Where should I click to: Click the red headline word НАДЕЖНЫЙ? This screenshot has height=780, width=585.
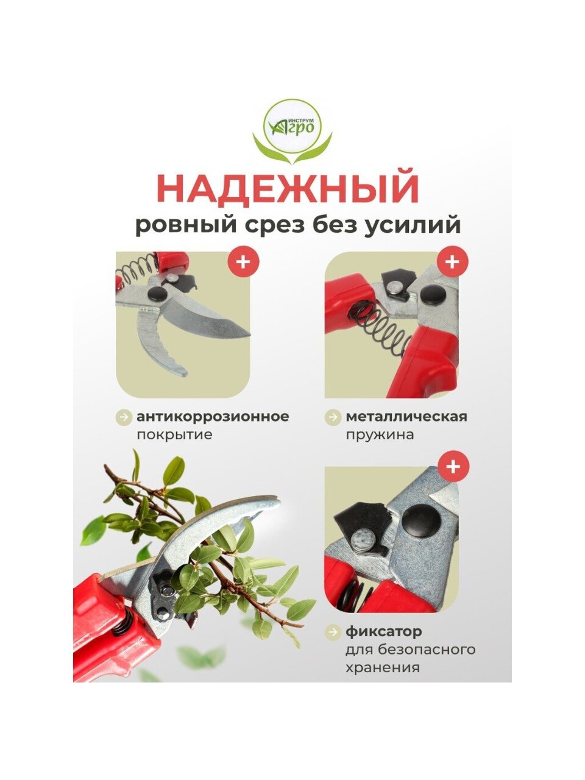pyautogui.click(x=288, y=188)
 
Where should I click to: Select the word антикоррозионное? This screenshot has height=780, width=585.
pyautogui.click(x=213, y=416)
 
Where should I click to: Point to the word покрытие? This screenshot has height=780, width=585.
pyautogui.click(x=174, y=435)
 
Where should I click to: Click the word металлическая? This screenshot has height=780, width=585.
pyautogui.click(x=406, y=416)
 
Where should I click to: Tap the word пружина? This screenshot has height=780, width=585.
pyautogui.click(x=380, y=435)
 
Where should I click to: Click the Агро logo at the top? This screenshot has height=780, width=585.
pyautogui.click(x=292, y=132)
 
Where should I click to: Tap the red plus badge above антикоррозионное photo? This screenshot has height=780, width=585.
pyautogui.click(x=243, y=262)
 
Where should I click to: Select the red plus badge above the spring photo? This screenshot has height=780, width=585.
pyautogui.click(x=453, y=262)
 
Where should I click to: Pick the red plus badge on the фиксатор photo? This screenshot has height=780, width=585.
pyautogui.click(x=453, y=467)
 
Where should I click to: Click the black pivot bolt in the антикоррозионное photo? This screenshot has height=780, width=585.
pyautogui.click(x=158, y=294)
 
